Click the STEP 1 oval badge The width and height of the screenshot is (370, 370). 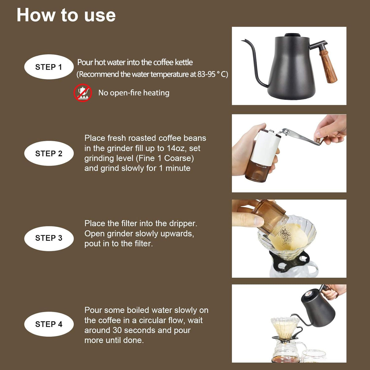49,67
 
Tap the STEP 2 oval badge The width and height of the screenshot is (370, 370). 49,153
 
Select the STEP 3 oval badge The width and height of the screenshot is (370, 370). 49,238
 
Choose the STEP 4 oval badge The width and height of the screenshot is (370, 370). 49,324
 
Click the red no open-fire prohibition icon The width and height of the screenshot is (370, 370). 83,93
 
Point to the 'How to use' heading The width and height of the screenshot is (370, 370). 66,15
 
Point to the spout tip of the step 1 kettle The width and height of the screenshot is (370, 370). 242,40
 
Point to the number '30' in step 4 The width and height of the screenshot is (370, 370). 118,331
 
